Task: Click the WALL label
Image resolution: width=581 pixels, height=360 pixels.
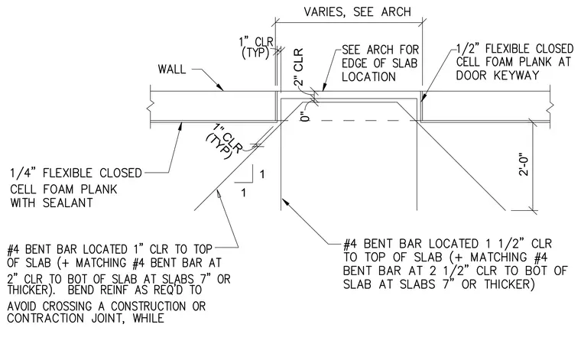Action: tap(171, 70)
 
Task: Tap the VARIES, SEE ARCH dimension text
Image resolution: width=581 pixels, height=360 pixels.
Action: tap(357, 12)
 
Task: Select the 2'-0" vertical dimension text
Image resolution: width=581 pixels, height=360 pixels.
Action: tap(524, 164)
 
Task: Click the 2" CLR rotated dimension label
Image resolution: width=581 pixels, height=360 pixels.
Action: tap(299, 66)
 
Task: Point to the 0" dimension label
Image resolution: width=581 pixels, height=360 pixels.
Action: tap(305, 116)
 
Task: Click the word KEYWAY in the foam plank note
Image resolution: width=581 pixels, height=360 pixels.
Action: tap(516, 75)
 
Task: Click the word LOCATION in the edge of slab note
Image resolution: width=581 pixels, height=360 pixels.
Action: tap(368, 76)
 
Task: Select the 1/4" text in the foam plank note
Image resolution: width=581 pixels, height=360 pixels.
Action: tap(24, 173)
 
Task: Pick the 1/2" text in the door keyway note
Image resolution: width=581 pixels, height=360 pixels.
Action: tap(469, 49)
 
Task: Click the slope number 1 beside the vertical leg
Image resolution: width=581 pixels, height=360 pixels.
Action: tap(262, 174)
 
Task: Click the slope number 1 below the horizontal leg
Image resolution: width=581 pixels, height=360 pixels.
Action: tap(243, 193)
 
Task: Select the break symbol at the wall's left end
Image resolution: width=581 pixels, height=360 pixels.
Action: tap(150, 108)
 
